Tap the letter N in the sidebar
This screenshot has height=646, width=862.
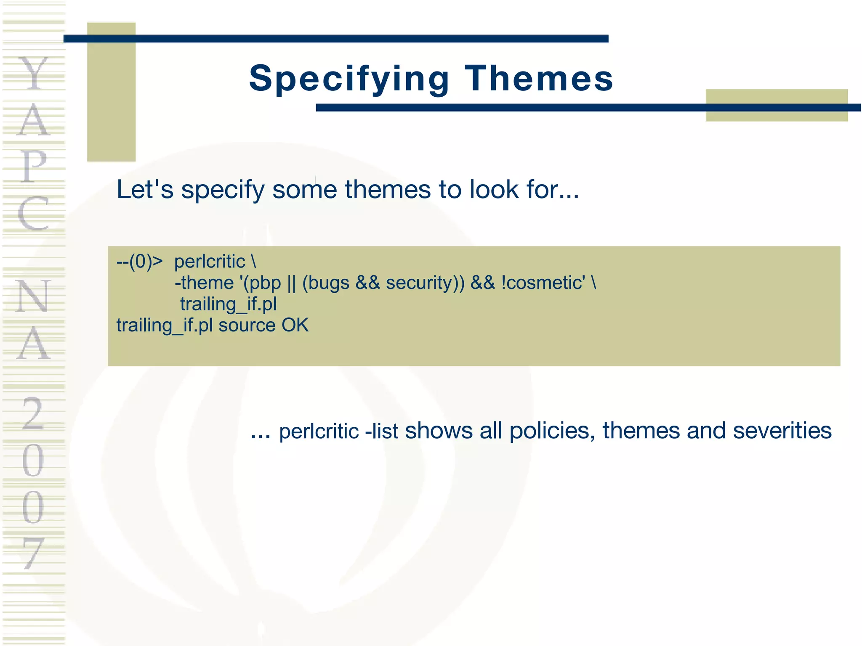point(33,296)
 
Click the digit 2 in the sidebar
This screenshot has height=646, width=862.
point(33,414)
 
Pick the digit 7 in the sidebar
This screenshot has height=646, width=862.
point(33,553)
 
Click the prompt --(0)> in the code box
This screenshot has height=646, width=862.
point(139,262)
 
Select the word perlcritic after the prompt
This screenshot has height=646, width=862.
point(210,262)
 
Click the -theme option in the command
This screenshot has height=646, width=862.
point(204,283)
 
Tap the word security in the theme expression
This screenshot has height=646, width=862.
point(422,283)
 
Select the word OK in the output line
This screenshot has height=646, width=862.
point(295,325)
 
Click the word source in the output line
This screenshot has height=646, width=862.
point(247,326)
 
